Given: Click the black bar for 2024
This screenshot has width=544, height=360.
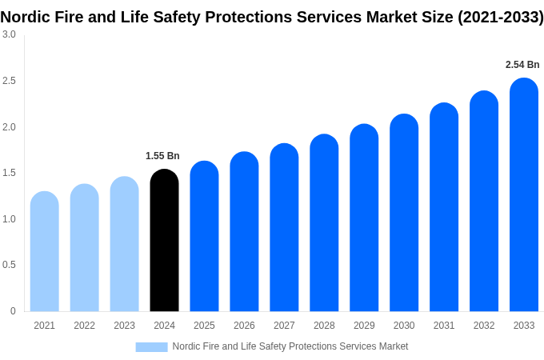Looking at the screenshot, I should click(164, 240).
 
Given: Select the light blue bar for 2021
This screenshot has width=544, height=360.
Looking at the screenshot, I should click(45, 251).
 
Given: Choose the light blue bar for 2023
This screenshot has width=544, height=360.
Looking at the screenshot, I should click(124, 244).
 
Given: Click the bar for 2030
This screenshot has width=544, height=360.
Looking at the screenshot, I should click(404, 213).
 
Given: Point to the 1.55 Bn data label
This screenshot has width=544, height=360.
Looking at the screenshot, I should click(162, 156).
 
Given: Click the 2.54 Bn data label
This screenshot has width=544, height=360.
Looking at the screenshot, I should click(522, 65).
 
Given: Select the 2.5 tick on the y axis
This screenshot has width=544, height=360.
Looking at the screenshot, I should click(9, 81).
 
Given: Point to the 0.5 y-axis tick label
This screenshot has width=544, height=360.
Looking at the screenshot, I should click(9, 265).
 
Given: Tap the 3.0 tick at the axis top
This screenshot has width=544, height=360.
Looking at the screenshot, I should click(9, 34).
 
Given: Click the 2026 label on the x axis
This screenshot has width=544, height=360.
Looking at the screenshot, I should click(244, 326).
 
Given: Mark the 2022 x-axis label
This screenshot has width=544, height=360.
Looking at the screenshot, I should click(84, 326).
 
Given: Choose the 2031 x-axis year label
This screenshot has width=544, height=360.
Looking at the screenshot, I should click(444, 326).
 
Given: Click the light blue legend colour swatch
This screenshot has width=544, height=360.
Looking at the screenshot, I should click(151, 346).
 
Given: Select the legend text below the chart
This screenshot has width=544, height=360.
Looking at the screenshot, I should click(290, 346).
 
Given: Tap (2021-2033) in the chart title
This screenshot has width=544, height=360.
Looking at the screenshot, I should click(500, 16).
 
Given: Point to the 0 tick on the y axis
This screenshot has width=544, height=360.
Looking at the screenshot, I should click(13, 311).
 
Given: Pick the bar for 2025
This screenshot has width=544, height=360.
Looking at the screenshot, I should click(204, 236).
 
